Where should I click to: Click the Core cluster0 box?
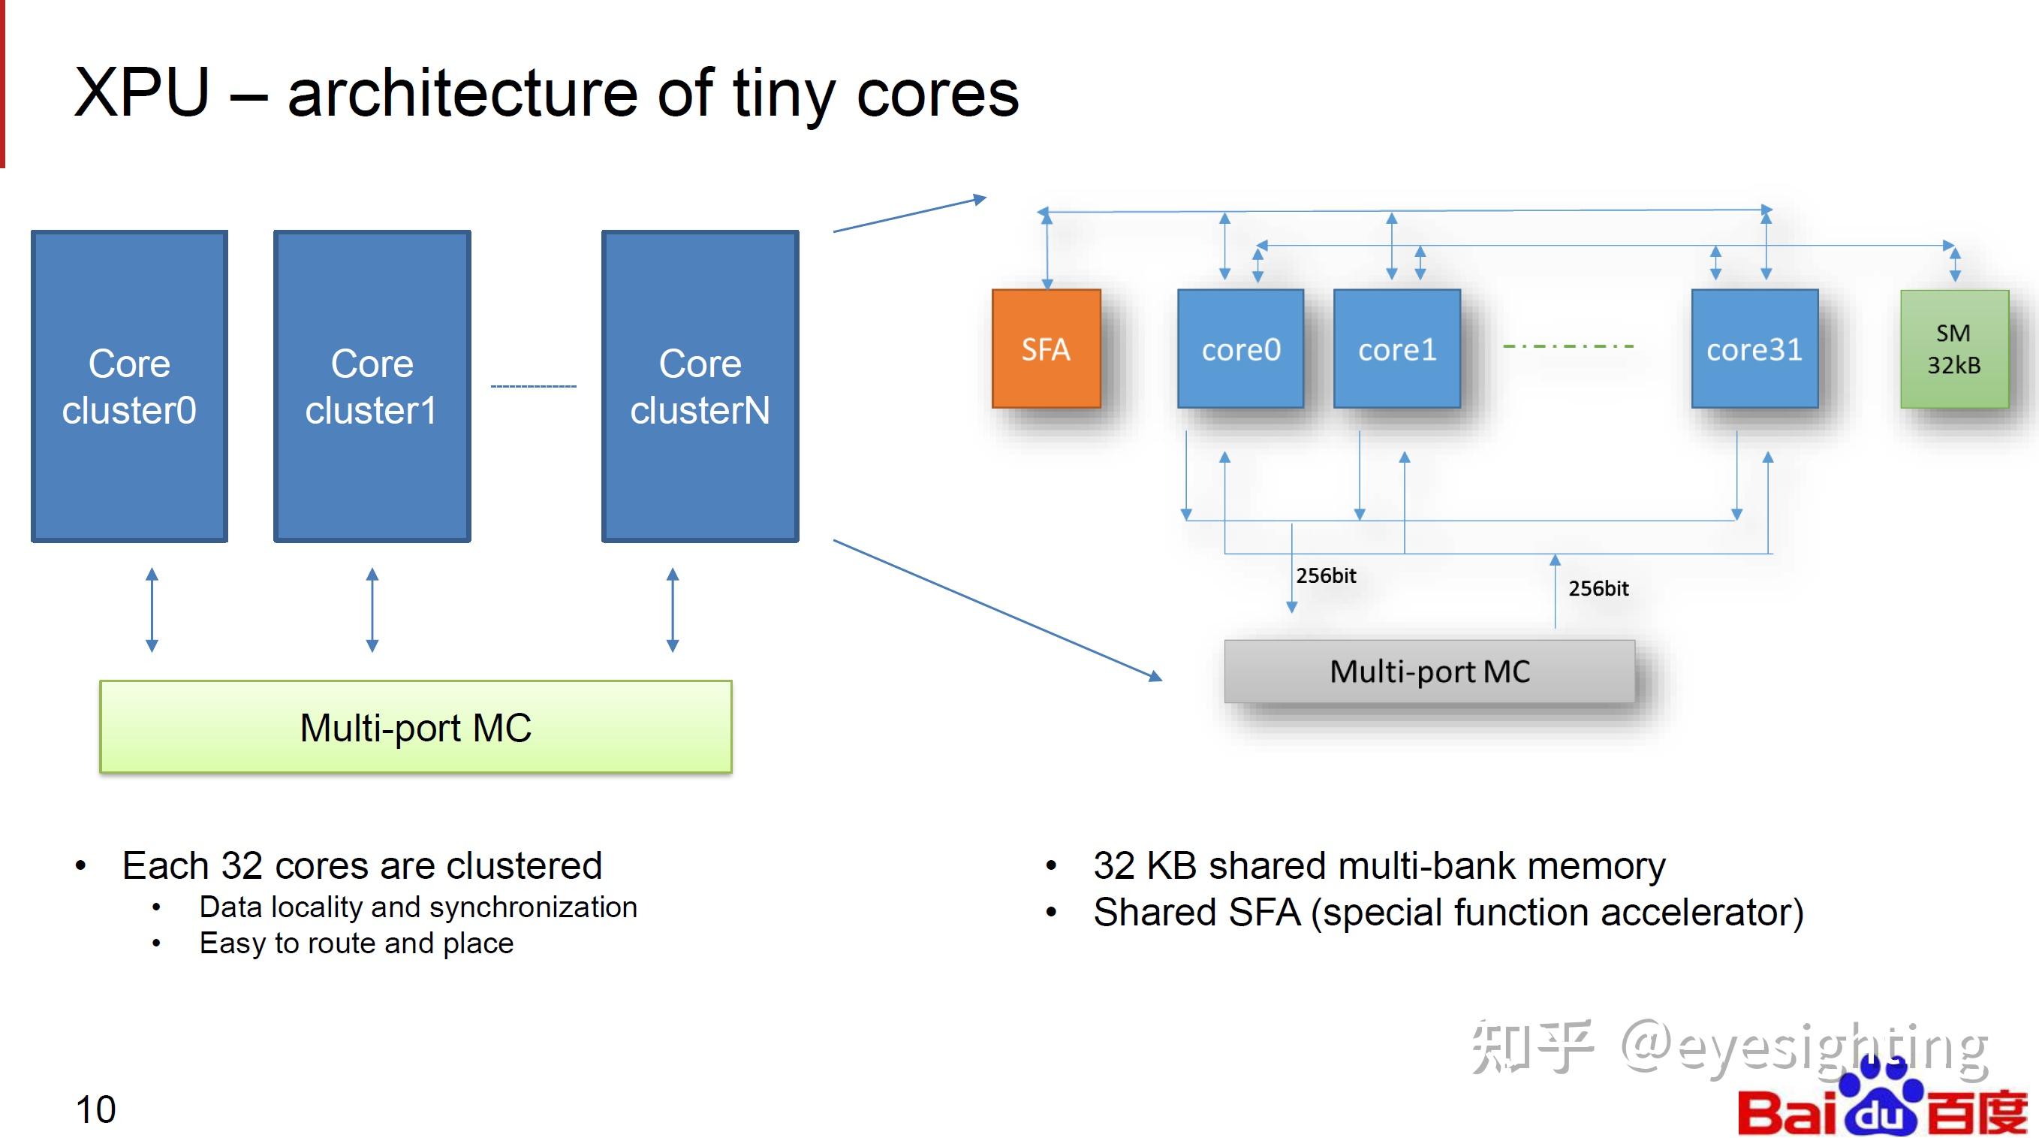(x=129, y=386)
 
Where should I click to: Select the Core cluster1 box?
(x=372, y=386)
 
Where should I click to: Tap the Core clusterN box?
(x=700, y=386)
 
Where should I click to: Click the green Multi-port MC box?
(x=416, y=727)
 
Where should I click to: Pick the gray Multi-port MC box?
(x=1429, y=672)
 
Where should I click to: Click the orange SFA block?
(x=1047, y=349)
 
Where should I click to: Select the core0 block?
(x=1240, y=349)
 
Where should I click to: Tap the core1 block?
(x=1397, y=349)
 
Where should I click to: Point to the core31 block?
(x=1754, y=349)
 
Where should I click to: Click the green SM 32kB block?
(x=1954, y=349)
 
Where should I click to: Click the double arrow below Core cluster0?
(x=152, y=610)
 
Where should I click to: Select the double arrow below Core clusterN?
(x=673, y=610)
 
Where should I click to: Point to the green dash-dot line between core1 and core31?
(x=1568, y=346)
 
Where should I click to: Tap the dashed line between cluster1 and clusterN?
(x=534, y=386)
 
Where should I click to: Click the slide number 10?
(x=96, y=1109)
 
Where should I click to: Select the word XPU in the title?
(x=143, y=92)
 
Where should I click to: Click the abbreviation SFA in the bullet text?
(x=1264, y=913)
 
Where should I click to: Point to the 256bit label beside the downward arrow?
(x=1326, y=575)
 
